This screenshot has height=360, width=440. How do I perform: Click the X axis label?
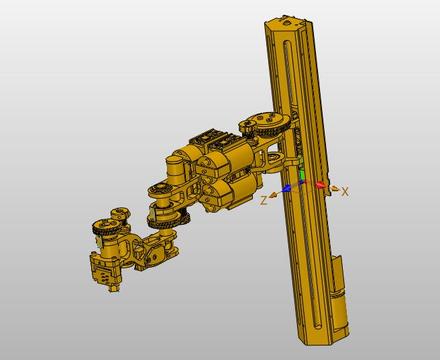coord(345,191)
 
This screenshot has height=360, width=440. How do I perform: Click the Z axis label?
coord(264,201)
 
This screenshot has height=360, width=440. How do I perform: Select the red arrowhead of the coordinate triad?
coord(320,185)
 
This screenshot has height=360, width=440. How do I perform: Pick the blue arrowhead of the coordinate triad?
coord(286,189)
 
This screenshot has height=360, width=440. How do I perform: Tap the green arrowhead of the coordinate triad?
coord(302,175)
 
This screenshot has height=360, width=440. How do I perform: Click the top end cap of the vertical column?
coord(287,22)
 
